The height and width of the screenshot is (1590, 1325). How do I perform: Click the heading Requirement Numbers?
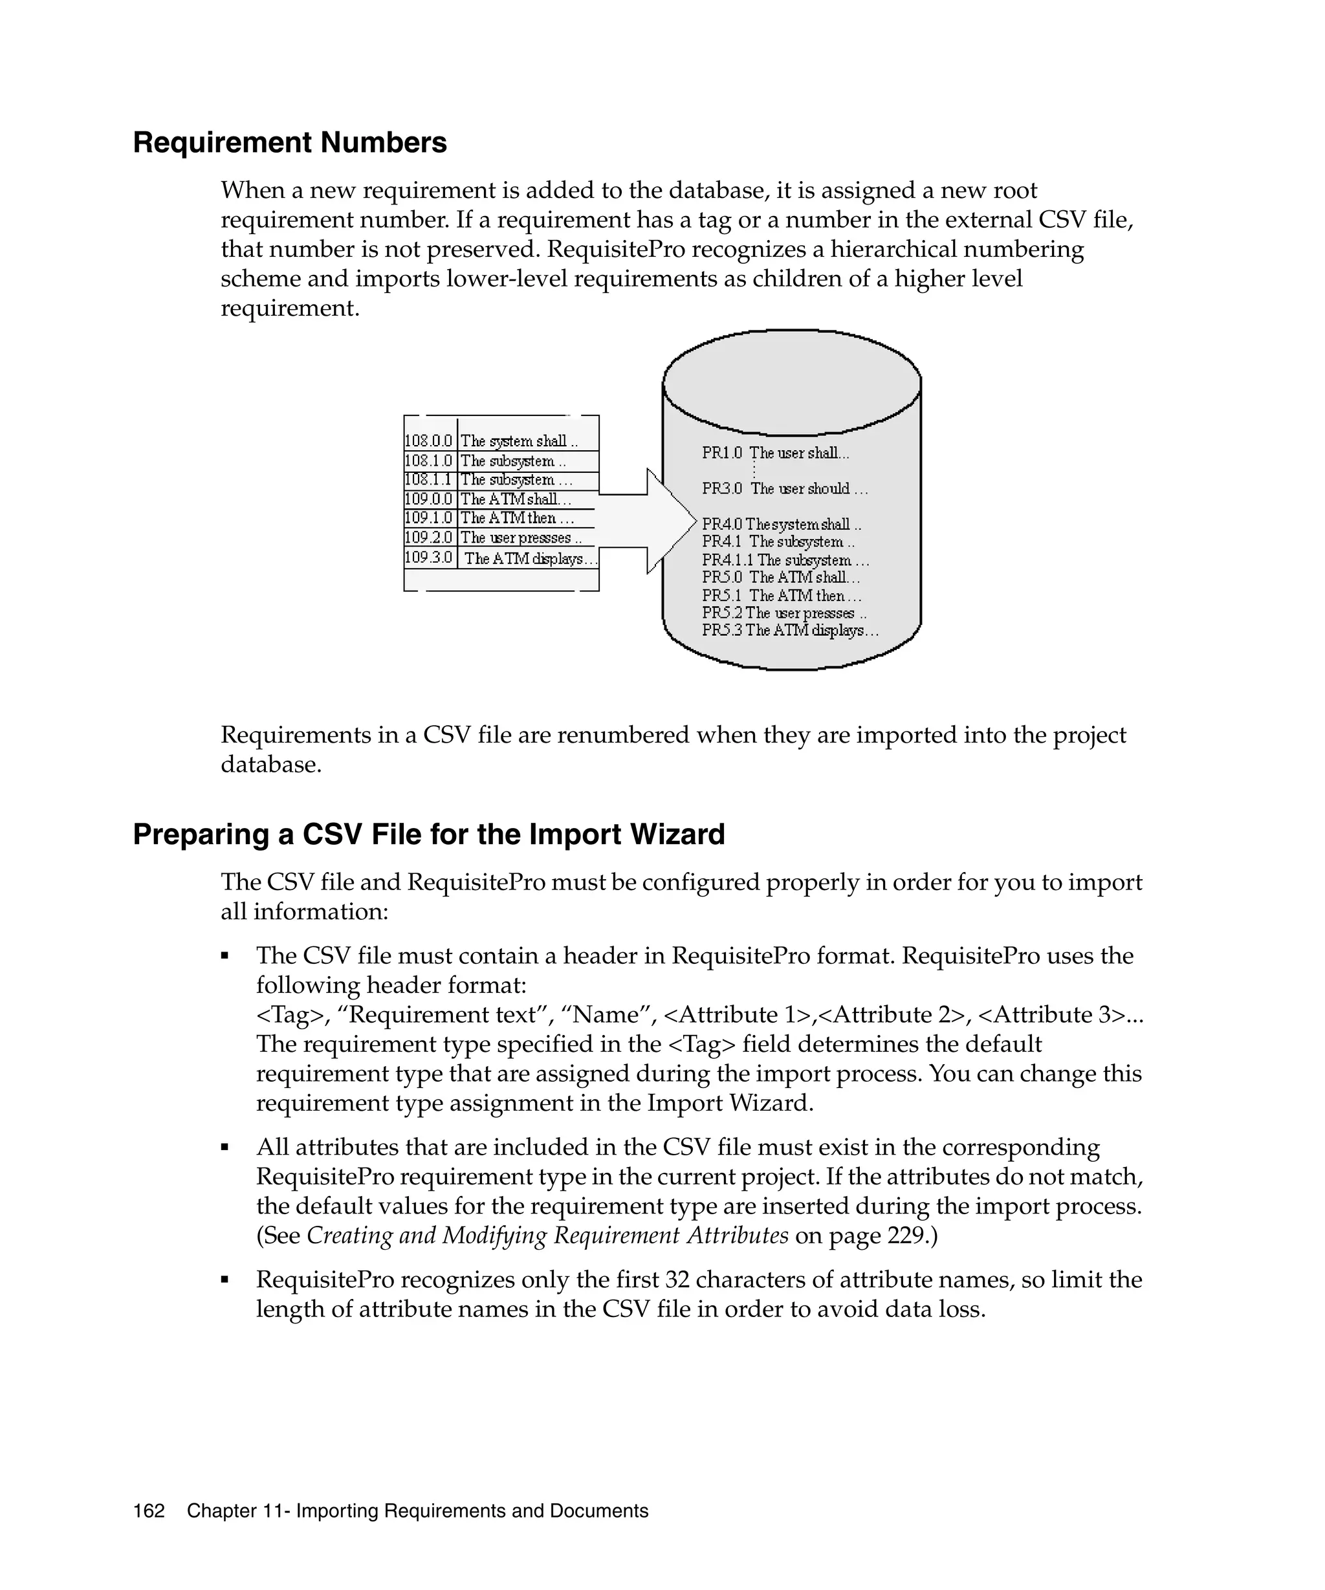[289, 143]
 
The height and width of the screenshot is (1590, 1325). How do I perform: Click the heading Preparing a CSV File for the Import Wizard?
[428, 834]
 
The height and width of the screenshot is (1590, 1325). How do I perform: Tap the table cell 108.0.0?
[428, 441]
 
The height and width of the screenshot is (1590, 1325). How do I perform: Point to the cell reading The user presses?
[520, 538]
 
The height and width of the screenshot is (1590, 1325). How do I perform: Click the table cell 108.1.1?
[428, 479]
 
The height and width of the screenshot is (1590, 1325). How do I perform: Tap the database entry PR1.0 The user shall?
[775, 453]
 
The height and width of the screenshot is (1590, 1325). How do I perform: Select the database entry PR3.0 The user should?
[784, 488]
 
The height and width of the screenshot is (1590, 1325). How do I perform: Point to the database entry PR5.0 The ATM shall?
[780, 577]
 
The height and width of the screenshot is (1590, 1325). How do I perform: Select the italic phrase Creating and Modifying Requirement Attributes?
[547, 1236]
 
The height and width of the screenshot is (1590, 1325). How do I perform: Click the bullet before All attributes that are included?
[225, 1148]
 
